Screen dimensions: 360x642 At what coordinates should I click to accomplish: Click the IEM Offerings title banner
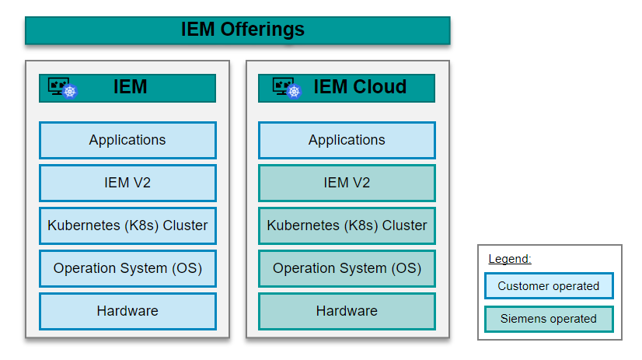[237, 30]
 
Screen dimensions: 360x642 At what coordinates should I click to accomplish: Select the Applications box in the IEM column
[127, 141]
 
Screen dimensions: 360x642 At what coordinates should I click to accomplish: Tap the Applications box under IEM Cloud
[347, 141]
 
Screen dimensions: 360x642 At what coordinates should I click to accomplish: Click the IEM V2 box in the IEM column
[127, 183]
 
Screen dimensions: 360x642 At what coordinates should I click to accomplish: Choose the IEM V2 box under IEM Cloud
[347, 183]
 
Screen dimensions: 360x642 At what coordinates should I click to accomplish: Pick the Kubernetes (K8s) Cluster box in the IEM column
[127, 226]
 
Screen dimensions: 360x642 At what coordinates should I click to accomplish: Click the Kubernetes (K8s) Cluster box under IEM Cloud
[347, 226]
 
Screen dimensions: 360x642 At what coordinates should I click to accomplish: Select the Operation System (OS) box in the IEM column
[127, 269]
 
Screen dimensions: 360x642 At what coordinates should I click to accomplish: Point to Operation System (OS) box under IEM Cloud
[347, 269]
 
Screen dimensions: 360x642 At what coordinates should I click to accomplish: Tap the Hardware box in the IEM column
[127, 311]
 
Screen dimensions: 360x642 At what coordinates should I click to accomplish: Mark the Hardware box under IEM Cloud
[347, 311]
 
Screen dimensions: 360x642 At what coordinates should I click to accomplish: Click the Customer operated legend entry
[549, 286]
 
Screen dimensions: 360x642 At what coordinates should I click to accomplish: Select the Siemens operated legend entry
[549, 319]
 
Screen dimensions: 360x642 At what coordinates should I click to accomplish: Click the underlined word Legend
[509, 259]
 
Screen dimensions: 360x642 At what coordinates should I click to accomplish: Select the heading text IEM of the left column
[130, 87]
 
